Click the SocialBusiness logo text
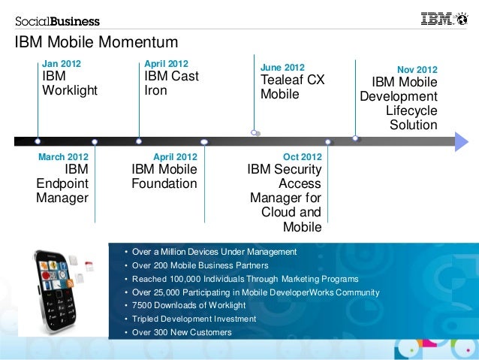pyautogui.click(x=57, y=21)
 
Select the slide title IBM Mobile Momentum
pyautogui.click(x=96, y=43)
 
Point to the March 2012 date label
pyautogui.click(x=63, y=157)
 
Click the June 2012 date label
pyautogui.click(x=282, y=67)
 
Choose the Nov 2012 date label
pyautogui.click(x=417, y=70)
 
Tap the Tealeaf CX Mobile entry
pyautogui.click(x=292, y=87)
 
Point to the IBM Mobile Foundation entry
pyautogui.click(x=164, y=177)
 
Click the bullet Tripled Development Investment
pyautogui.click(x=194, y=319)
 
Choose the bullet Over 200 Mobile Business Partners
pyautogui.click(x=200, y=265)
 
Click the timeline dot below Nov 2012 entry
pyautogui.click(x=355, y=138)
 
